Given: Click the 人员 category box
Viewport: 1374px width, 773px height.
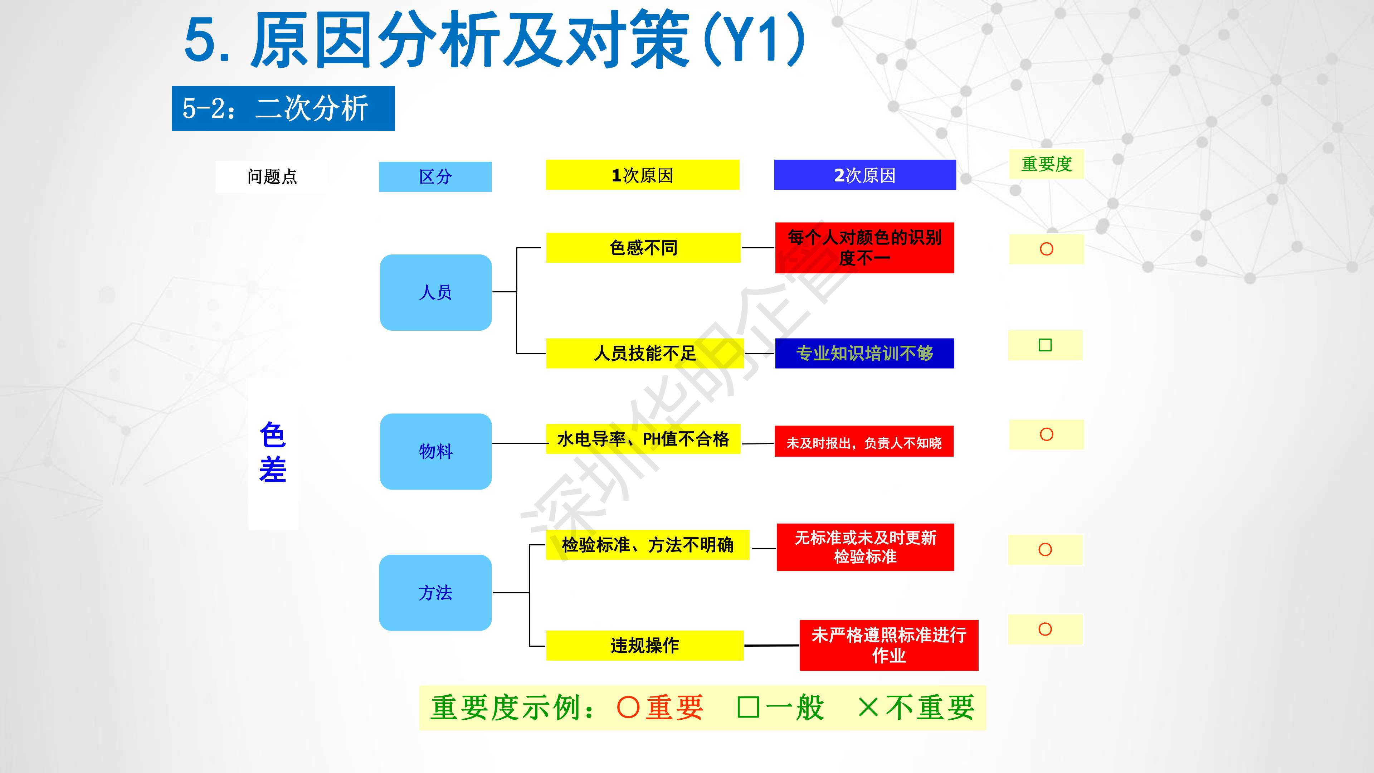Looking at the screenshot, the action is coord(436,292).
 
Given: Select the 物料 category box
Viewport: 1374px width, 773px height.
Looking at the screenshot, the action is coord(436,451).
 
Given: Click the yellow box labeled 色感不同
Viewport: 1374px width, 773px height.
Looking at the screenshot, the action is coord(643,248).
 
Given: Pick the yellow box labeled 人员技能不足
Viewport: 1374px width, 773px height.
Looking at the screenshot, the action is coord(645,353).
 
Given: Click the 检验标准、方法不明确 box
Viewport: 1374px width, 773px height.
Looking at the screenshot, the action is coord(648,545).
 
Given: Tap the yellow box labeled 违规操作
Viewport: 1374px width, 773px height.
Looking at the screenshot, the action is coord(645,646).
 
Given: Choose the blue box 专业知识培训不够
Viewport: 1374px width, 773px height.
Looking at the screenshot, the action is coord(864,353).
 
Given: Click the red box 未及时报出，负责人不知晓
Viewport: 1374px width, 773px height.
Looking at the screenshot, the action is coord(864,441).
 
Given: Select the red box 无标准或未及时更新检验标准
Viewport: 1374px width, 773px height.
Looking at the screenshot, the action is coord(865,547).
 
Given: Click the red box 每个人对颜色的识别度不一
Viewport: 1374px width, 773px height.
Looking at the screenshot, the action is coord(864,248).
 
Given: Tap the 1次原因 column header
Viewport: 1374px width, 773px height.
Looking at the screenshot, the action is coord(643,175).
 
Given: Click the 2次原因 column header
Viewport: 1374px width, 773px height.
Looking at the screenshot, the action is coord(865,175).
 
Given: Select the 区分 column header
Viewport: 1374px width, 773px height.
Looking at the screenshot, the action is coord(435,176).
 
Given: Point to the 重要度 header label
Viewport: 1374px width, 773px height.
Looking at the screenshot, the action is coord(1047,164).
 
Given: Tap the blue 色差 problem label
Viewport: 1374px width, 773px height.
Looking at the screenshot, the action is coord(273,452).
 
